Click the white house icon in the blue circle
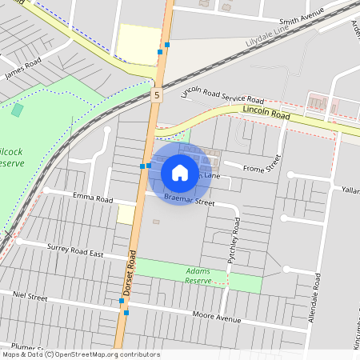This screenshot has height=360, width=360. point(180,173)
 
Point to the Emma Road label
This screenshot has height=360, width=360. point(94,197)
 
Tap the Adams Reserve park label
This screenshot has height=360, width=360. point(198,275)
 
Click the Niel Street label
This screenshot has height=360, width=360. point(30,296)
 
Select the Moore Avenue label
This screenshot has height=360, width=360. point(217,318)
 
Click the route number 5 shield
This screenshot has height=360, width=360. point(158,95)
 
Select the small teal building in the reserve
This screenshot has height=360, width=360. point(18,110)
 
